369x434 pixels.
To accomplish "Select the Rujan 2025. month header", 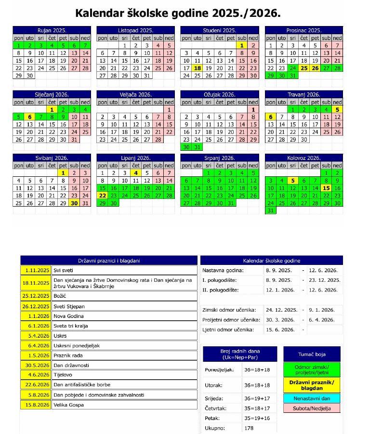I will pos(52,30).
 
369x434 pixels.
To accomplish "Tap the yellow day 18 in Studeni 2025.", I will pos(198,68).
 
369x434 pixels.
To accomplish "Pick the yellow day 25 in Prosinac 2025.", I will pos(304,68).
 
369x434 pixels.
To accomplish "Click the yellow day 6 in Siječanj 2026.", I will pos(30,117).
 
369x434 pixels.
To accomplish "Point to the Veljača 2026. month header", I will pos(135,94).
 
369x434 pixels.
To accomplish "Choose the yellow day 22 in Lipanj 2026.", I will pos(103,196).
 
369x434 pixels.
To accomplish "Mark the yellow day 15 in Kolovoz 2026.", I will pos(327,188).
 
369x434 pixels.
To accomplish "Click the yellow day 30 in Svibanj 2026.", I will pos(74,203).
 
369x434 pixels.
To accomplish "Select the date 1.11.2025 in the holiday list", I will pos(36,271).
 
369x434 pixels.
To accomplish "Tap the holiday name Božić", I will pos(61,296).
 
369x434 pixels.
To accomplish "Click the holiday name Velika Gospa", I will pos(69,405).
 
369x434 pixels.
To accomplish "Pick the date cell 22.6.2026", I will pos(36,384).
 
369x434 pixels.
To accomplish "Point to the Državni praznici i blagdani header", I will pos(109,261).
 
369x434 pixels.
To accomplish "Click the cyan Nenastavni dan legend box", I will pos(312,398).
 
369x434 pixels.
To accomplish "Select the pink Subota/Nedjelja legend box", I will pos(312,408).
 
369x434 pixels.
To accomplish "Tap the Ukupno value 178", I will pos(249,428).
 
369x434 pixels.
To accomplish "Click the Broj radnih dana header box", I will pos(240,354).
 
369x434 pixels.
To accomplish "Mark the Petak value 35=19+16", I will pos(258,418).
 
